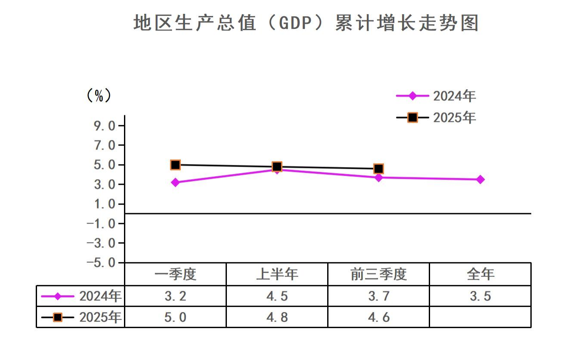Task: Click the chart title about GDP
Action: click(306, 23)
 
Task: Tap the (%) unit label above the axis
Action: click(99, 95)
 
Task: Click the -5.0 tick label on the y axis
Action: click(101, 263)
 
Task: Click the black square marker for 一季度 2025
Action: click(175, 164)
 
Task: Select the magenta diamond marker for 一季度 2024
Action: click(175, 183)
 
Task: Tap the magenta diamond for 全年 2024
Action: click(480, 179)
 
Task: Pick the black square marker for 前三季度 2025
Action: click(378, 168)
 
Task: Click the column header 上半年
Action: click(277, 274)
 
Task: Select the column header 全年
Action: click(480, 274)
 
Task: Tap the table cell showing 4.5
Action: click(277, 296)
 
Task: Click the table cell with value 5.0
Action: click(175, 317)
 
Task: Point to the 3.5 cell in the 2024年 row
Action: click(480, 296)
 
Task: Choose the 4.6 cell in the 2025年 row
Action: click(378, 317)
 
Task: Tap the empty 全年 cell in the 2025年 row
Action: click(480, 317)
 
